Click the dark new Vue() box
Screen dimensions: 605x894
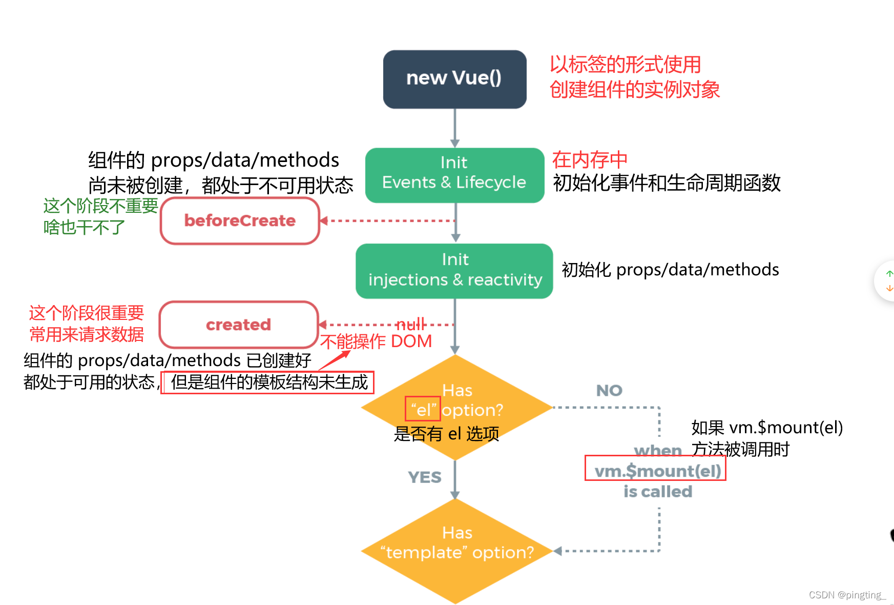pyautogui.click(x=454, y=79)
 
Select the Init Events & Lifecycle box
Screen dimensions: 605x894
pyautogui.click(x=454, y=175)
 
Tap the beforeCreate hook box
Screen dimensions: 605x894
pyautogui.click(x=240, y=221)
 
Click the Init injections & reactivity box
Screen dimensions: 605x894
pyautogui.click(x=454, y=271)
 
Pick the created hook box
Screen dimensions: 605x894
pyautogui.click(x=239, y=325)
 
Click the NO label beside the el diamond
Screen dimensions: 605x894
pyautogui.click(x=609, y=391)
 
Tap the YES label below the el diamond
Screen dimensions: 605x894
pyautogui.click(x=424, y=477)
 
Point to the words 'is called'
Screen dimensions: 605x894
pyautogui.click(x=657, y=492)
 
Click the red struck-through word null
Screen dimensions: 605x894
pyautogui.click(x=411, y=324)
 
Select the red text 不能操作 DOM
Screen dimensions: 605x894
pyautogui.click(x=376, y=341)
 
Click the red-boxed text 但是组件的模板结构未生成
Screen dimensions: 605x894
pyautogui.click(x=268, y=382)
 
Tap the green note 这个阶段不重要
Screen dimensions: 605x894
pyautogui.click(x=100, y=206)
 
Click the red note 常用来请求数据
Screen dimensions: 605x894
pyautogui.click(x=87, y=334)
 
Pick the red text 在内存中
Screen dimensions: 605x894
pyautogui.click(x=589, y=160)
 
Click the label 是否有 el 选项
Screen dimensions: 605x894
pyautogui.click(x=446, y=434)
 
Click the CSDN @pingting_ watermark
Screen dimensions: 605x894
pyautogui.click(x=846, y=595)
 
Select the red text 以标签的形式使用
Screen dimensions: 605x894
pyautogui.click(x=625, y=65)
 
